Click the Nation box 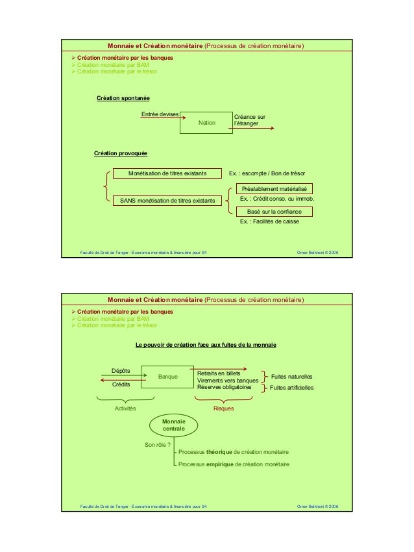tap(206, 122)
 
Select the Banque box tap(167, 376)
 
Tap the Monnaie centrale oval tap(173, 425)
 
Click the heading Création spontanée tap(123, 98)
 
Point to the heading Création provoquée tap(121, 153)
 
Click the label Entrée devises tap(160, 114)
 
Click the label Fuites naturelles tap(291, 377)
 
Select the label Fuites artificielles tap(291, 388)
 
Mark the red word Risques tap(223, 408)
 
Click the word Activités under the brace tap(125, 408)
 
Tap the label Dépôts tap(121, 370)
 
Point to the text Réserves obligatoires tap(224, 387)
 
